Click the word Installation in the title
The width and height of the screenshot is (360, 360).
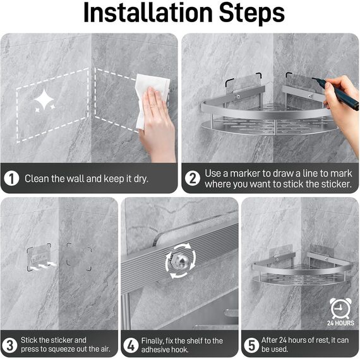[x=148, y=13]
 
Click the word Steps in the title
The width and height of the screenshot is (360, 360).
[x=252, y=13]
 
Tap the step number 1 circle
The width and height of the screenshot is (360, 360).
[x=11, y=178]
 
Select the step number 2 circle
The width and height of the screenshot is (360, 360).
[x=193, y=178]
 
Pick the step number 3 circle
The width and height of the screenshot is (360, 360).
[x=10, y=345]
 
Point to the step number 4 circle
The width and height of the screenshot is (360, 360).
[x=131, y=345]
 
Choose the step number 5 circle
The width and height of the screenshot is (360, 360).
[x=251, y=345]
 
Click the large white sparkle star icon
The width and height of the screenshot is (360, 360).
[x=44, y=99]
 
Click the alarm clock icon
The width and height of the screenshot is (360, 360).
[x=340, y=308]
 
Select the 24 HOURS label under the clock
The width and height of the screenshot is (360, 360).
[x=340, y=323]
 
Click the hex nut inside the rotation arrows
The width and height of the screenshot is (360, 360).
[x=180, y=261]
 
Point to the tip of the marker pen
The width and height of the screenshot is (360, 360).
[x=312, y=78]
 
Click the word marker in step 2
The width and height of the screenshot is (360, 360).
[x=245, y=174]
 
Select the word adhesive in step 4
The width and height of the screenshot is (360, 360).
[x=153, y=349]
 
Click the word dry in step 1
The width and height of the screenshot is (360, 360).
[x=141, y=179]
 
